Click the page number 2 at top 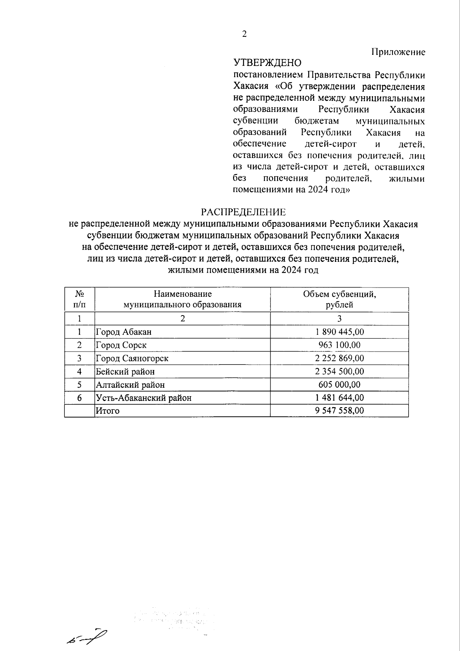[245, 35]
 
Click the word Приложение [398, 52]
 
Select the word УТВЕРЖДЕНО [267, 62]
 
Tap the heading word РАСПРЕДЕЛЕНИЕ [244, 212]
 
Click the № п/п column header [79, 299]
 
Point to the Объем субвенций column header [339, 299]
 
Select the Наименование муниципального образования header [182, 299]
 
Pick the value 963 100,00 [339, 345]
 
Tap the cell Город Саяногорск [132, 358]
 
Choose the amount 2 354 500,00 [339, 372]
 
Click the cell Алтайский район [130, 385]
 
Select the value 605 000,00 [339, 385]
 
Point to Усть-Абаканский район [143, 398]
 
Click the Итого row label [108, 411]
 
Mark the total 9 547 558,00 [339, 411]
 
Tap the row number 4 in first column [79, 372]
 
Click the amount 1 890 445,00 [339, 332]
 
